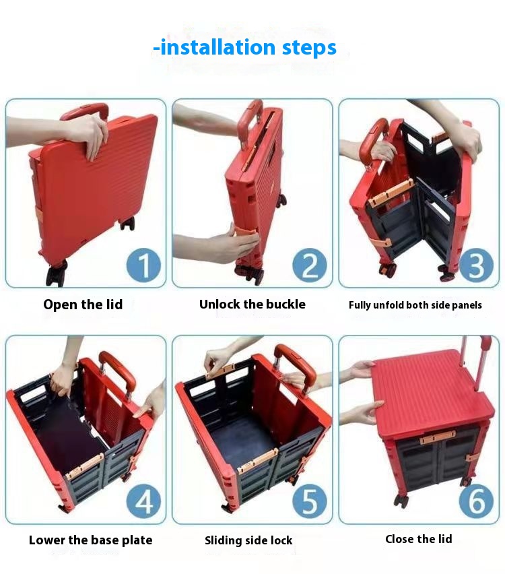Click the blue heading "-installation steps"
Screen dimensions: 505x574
click(x=244, y=48)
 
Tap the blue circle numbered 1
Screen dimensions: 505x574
click(x=143, y=265)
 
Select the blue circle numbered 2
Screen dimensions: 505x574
click(x=310, y=265)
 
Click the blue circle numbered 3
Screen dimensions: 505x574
click(x=476, y=265)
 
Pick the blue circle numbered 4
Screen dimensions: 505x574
click(x=143, y=501)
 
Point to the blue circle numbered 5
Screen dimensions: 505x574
click(x=310, y=501)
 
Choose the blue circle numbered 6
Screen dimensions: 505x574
click(x=476, y=501)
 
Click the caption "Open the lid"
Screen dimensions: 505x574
click(x=83, y=305)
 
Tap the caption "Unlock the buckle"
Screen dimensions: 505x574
click(x=252, y=305)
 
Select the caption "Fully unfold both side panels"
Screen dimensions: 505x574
click(x=415, y=305)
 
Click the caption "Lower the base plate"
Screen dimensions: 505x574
click(x=90, y=540)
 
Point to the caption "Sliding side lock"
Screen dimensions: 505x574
click(x=248, y=540)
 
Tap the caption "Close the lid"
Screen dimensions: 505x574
click(x=419, y=539)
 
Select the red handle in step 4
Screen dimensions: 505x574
click(x=118, y=370)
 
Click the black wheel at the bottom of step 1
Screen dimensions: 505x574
click(x=57, y=272)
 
